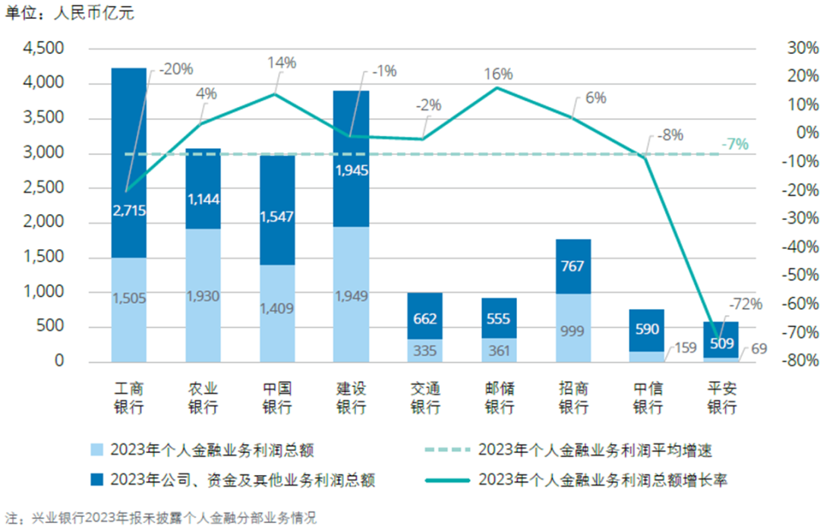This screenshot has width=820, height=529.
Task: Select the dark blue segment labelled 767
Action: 573,266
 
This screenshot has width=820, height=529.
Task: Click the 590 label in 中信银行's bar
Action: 648,329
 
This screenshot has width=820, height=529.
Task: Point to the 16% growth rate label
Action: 499,74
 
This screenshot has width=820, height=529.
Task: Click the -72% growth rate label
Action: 746,304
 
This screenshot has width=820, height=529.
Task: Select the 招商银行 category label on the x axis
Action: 573,397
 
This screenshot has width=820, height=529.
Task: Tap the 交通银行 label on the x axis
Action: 425,397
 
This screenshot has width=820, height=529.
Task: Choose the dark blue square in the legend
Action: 96,480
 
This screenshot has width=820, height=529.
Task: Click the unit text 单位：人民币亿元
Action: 69,13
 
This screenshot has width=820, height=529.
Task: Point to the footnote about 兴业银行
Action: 159,519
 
